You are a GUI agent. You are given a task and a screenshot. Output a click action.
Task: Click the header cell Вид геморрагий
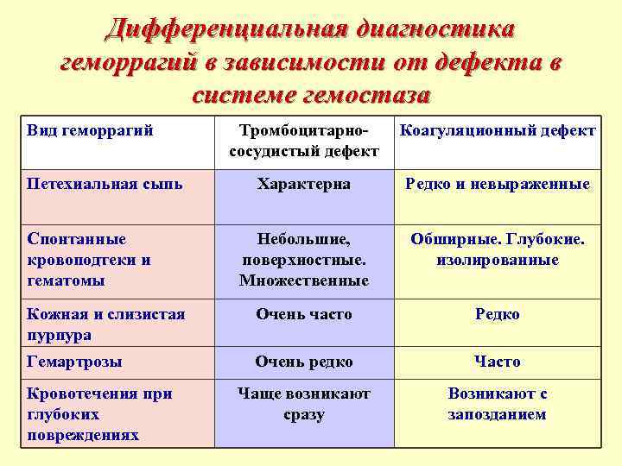click(x=90, y=130)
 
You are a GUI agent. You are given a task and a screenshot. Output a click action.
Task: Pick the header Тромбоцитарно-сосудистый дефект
click(x=303, y=141)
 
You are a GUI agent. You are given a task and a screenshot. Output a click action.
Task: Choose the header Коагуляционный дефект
click(x=497, y=130)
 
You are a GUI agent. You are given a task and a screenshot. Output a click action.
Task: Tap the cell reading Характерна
click(x=303, y=184)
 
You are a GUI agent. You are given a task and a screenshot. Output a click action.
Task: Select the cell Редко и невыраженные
click(x=497, y=184)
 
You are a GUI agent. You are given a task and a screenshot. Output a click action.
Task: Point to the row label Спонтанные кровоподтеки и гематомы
click(x=90, y=259)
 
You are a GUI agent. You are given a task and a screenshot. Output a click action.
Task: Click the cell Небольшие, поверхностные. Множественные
click(x=303, y=259)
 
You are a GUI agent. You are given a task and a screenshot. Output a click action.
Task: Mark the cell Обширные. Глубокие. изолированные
click(x=497, y=249)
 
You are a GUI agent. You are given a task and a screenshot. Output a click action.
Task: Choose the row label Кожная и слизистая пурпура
click(x=106, y=324)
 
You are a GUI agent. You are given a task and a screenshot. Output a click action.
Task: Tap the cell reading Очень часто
click(x=303, y=314)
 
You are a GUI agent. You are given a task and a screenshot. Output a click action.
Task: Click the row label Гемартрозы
click(x=75, y=362)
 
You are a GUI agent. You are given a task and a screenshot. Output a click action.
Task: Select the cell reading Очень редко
click(x=303, y=362)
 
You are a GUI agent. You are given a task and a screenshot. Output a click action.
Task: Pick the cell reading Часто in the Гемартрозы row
click(x=497, y=362)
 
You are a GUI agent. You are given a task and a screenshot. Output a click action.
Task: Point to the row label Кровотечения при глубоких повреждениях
click(x=99, y=414)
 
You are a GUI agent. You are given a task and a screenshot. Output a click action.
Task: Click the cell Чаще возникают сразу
click(x=303, y=404)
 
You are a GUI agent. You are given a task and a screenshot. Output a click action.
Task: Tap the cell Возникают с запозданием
click(x=497, y=404)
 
